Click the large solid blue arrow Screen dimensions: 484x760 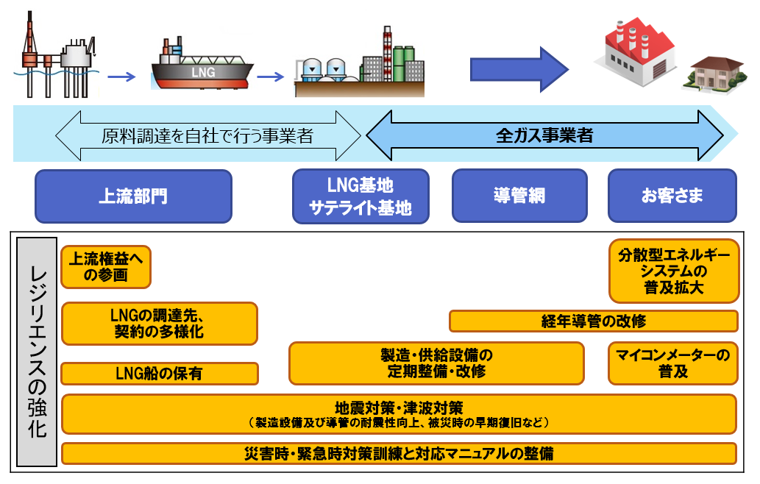tap(519, 69)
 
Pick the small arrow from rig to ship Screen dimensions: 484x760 tap(121, 76)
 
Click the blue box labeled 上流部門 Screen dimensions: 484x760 tap(133, 196)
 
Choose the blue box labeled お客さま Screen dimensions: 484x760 tap(672, 196)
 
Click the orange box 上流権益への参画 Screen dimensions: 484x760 tap(106, 267)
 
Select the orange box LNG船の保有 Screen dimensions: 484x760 tap(160, 374)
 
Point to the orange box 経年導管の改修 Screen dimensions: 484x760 tap(593, 321)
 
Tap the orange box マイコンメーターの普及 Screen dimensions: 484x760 tap(672, 363)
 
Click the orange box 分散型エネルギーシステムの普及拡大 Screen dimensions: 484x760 tap(673, 271)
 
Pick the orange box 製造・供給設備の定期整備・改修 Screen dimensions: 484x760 tap(436, 363)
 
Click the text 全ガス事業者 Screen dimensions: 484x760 tap(544, 135)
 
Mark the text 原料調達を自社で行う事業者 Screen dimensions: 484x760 tap(207, 135)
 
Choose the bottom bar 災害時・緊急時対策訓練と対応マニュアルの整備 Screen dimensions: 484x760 tap(399, 453)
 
